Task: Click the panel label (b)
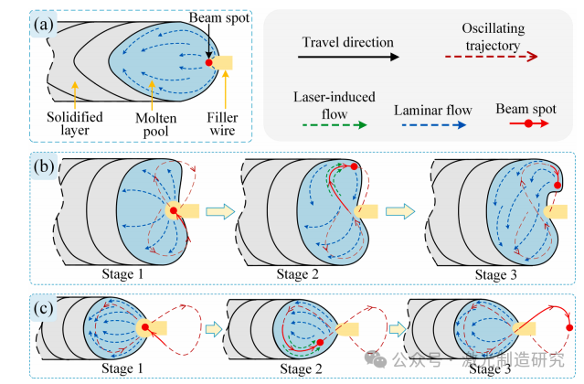pos(45,170)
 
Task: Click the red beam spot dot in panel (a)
pos(209,63)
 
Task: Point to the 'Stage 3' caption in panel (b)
pos(498,272)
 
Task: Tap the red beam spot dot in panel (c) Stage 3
pos(569,326)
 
